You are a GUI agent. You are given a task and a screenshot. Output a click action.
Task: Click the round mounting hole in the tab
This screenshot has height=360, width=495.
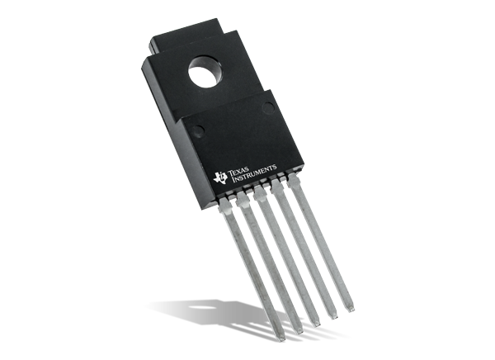click(201, 70)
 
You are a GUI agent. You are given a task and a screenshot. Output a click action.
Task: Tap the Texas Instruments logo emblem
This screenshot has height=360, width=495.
click(220, 175)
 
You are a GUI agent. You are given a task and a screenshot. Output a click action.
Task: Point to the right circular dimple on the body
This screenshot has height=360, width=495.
click(267, 107)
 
